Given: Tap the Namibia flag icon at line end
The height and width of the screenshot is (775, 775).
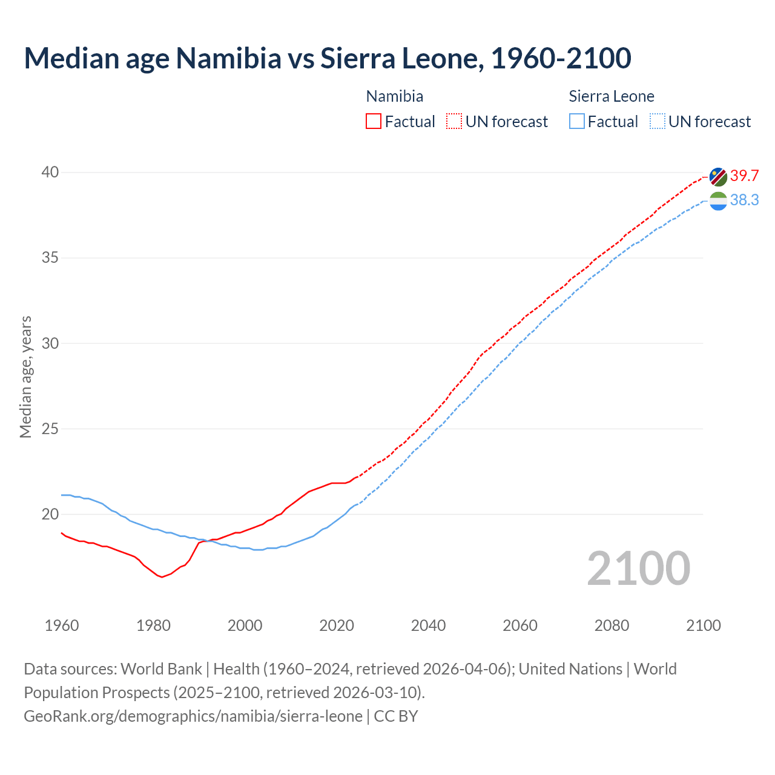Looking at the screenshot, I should tap(718, 177).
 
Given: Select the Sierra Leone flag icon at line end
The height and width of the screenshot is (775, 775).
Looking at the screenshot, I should tap(718, 200).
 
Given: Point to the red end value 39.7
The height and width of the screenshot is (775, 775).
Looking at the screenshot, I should tap(744, 176).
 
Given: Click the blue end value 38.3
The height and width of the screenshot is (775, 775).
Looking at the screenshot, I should tap(744, 200).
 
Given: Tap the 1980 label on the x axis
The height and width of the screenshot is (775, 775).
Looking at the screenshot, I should tap(153, 625).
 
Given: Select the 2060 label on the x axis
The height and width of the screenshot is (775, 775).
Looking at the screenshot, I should tap(520, 625).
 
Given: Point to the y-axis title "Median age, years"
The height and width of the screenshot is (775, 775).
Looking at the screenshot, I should tap(25, 377).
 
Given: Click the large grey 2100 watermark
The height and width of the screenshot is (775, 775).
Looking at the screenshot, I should tap(638, 568).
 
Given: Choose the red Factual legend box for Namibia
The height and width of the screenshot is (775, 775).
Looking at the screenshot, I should tap(374, 122).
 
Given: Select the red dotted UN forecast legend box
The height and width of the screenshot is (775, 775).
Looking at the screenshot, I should tap(454, 122).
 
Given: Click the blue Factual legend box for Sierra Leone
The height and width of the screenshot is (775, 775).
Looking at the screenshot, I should tap(577, 122).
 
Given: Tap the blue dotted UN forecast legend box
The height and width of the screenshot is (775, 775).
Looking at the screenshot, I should tap(658, 122).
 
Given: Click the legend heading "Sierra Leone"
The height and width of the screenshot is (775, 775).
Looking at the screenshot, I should tap(612, 96).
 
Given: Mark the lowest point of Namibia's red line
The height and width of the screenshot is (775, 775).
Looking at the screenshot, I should tap(162, 577).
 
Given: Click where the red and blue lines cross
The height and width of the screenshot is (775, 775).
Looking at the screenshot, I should tap(208, 541).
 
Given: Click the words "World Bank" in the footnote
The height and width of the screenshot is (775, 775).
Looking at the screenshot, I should tap(161, 669).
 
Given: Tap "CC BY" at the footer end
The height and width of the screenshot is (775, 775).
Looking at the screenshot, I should tap(396, 716).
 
